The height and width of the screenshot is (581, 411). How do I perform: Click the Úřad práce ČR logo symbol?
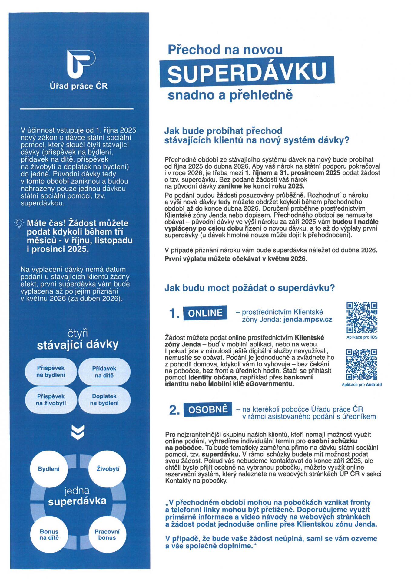pyautogui.click(x=81, y=64)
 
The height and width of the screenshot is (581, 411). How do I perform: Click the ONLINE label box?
pyautogui.click(x=205, y=313)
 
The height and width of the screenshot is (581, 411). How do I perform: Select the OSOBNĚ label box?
pyautogui.click(x=208, y=409)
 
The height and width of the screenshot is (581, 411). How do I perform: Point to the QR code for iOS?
pyautogui.click(x=362, y=317)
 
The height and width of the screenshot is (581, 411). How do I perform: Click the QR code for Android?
pyautogui.click(x=362, y=365)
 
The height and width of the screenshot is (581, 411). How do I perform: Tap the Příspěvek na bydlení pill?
pyautogui.click(x=51, y=372)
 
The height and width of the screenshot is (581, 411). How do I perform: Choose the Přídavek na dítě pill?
pyautogui.click(x=104, y=372)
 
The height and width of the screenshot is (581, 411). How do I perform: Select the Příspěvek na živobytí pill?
pyautogui.click(x=51, y=400)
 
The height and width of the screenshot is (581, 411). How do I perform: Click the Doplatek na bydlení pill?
pyautogui.click(x=104, y=400)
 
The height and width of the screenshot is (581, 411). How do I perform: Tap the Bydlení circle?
pyautogui.click(x=49, y=469)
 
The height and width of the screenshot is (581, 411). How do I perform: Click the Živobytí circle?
pyautogui.click(x=108, y=469)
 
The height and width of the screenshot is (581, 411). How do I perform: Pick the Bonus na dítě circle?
pyautogui.click(x=49, y=534)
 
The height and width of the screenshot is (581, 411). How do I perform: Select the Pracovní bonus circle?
pyautogui.click(x=107, y=534)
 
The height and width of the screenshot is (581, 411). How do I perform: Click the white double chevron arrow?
pyautogui.click(x=78, y=432)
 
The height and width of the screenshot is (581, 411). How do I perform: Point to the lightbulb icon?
pyautogui.click(x=19, y=224)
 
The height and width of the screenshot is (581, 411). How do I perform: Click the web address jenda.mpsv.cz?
pyautogui.click(x=308, y=320)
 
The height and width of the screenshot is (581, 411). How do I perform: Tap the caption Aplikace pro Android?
pyautogui.click(x=362, y=385)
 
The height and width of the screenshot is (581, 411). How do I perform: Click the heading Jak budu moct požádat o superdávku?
pyautogui.click(x=250, y=288)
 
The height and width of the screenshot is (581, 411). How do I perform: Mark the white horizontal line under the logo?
pyautogui.click(x=77, y=108)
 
